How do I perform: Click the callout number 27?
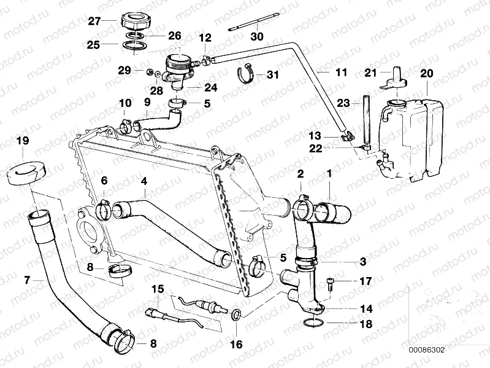pyautogui.click(x=93, y=20)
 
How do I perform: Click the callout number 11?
pyautogui.click(x=340, y=73)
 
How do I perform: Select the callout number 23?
pyautogui.click(x=343, y=103)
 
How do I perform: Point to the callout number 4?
pyautogui.click(x=144, y=181)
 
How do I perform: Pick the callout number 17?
pyautogui.click(x=366, y=282)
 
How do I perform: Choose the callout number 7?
pyautogui.click(x=26, y=280)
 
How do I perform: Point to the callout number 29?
pyautogui.click(x=124, y=71)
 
